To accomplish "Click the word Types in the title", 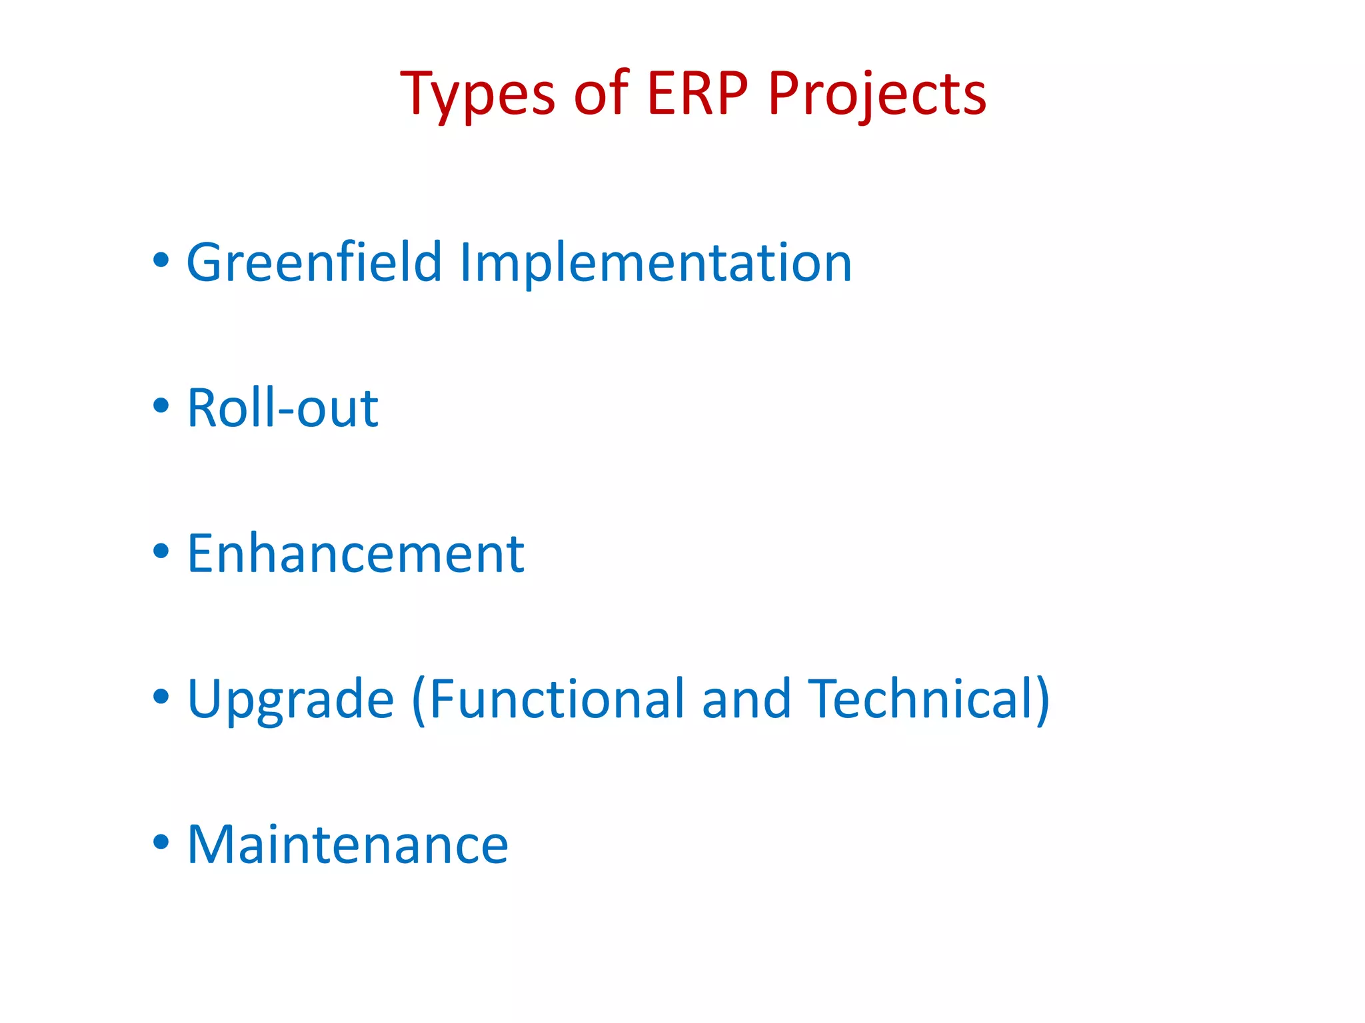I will click(477, 95).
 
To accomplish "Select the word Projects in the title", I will click(876, 95).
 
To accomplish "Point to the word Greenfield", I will click(314, 262).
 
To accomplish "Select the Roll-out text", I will click(283, 408).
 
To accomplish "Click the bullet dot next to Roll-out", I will click(161, 405).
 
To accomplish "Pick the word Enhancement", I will click(355, 553).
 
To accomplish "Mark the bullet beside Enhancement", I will click(161, 551).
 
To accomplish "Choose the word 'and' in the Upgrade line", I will click(746, 699).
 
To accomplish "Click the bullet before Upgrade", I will click(161, 697).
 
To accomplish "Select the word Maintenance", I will click(347, 845).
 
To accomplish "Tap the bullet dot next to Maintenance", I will click(161, 843).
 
